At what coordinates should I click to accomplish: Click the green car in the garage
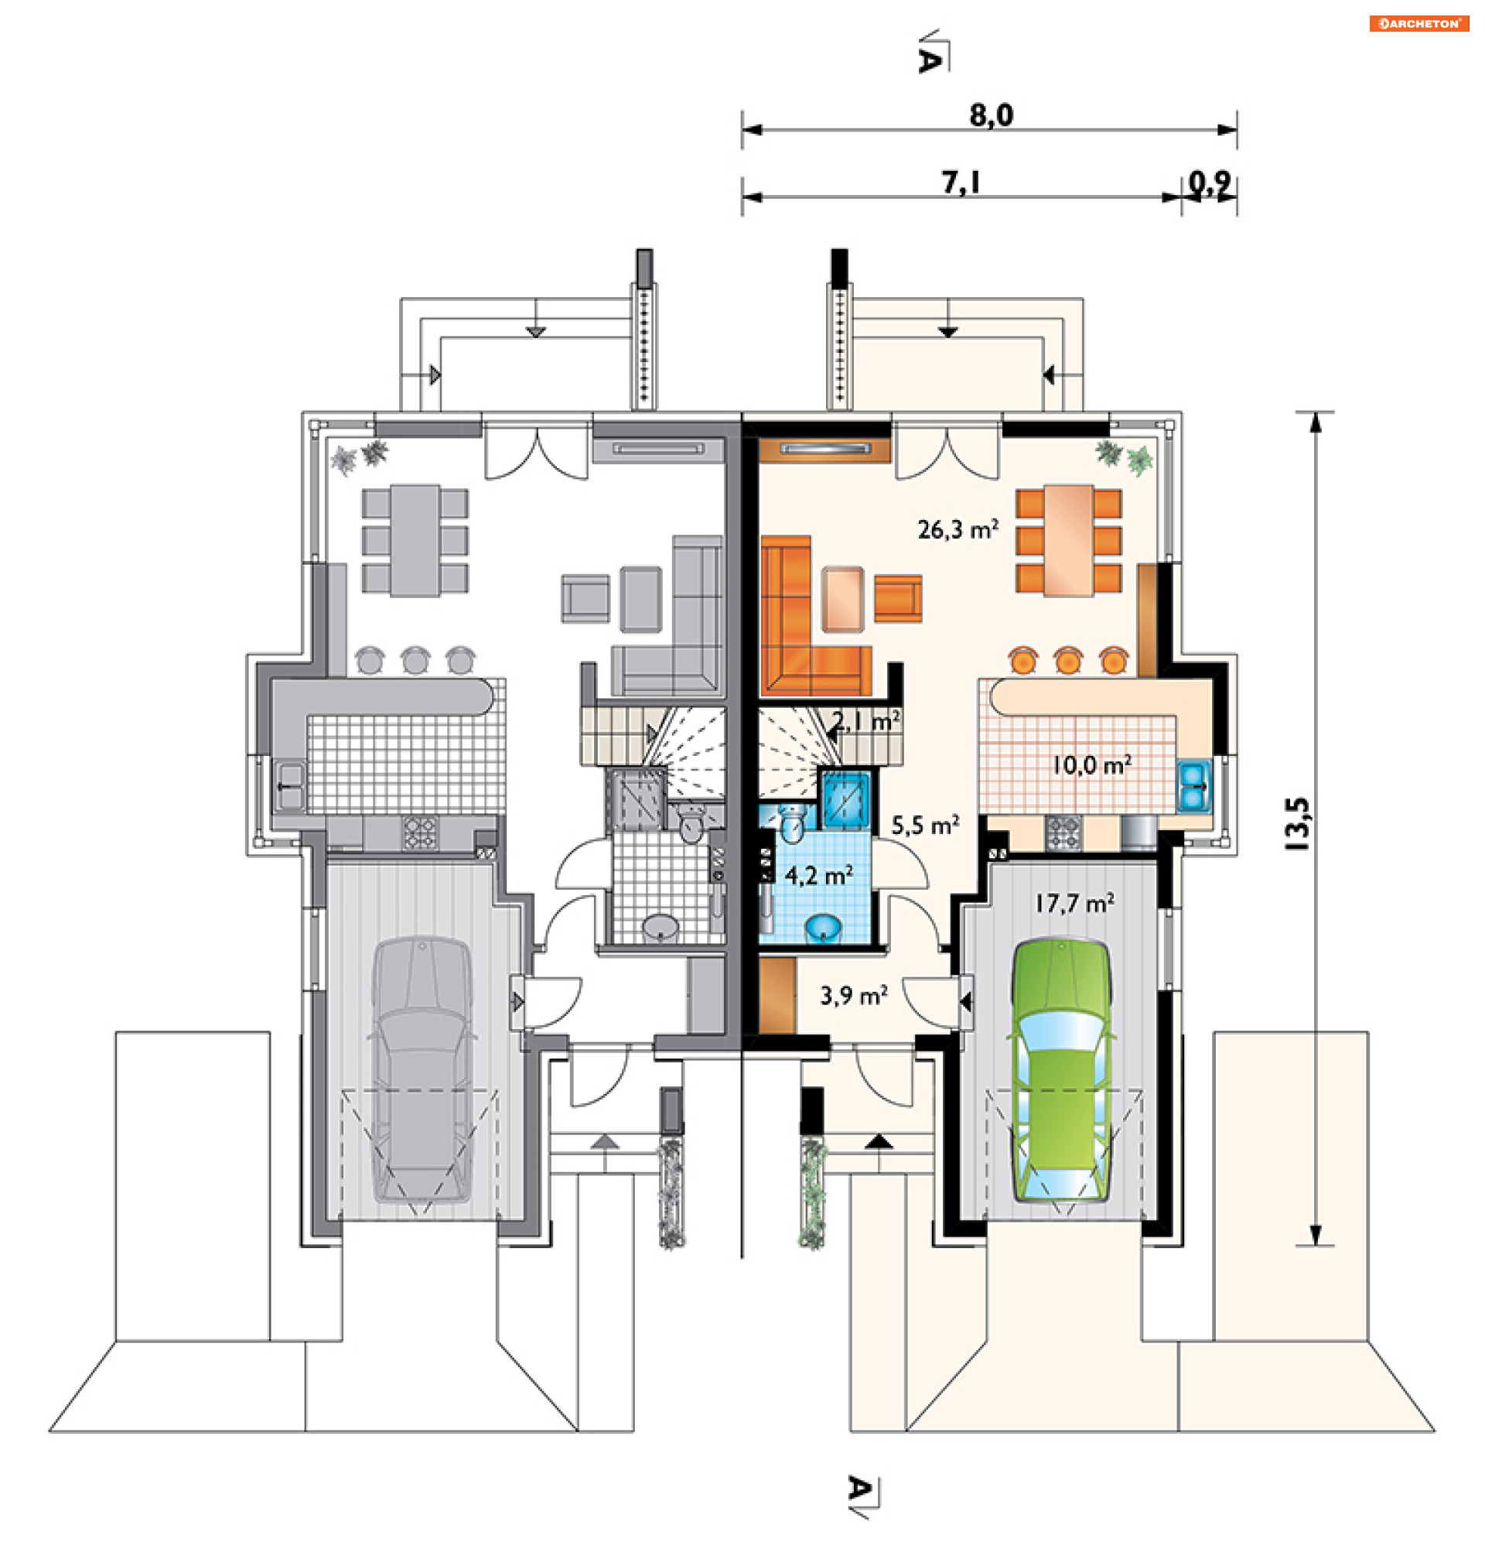(1060, 1072)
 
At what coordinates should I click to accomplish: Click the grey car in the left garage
(422, 1070)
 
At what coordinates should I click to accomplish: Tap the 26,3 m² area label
(958, 528)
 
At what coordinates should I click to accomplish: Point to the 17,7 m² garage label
(1074, 902)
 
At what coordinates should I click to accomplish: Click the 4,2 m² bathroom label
(818, 875)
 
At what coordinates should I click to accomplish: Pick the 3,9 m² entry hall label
(853, 995)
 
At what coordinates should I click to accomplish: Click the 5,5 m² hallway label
(925, 825)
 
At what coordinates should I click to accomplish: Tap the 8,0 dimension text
(992, 115)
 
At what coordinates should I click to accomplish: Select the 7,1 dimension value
(961, 183)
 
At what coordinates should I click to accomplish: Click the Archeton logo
(1418, 24)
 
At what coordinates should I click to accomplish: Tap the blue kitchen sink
(1193, 787)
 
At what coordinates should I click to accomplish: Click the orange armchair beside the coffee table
(898, 598)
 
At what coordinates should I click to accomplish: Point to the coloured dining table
(1069, 541)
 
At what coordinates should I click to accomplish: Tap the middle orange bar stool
(1068, 660)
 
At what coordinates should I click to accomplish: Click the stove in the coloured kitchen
(1063, 833)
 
